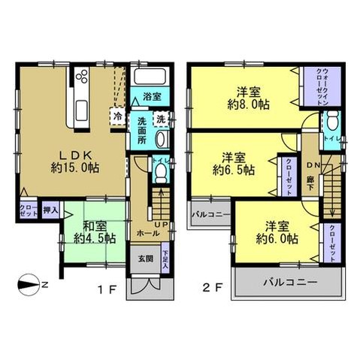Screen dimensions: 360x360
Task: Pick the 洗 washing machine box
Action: (160, 119)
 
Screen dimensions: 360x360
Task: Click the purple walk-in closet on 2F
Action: (315, 87)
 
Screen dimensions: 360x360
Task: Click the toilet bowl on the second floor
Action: (331, 123)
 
